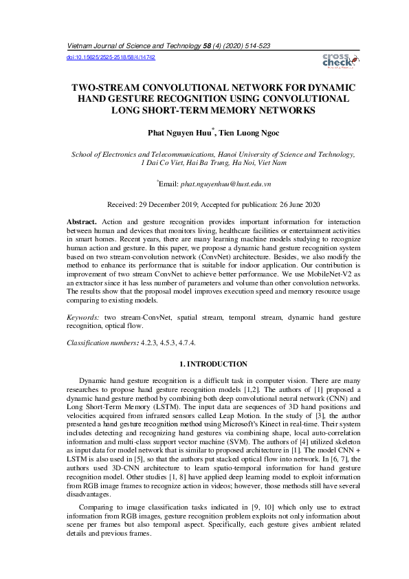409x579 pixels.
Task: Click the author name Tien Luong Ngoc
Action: pos(234,131)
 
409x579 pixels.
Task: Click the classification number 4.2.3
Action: pos(148,342)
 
